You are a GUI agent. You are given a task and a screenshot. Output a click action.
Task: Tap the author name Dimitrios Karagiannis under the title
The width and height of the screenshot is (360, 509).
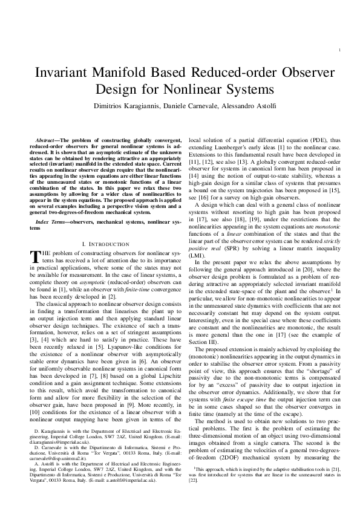tap(159, 106)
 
